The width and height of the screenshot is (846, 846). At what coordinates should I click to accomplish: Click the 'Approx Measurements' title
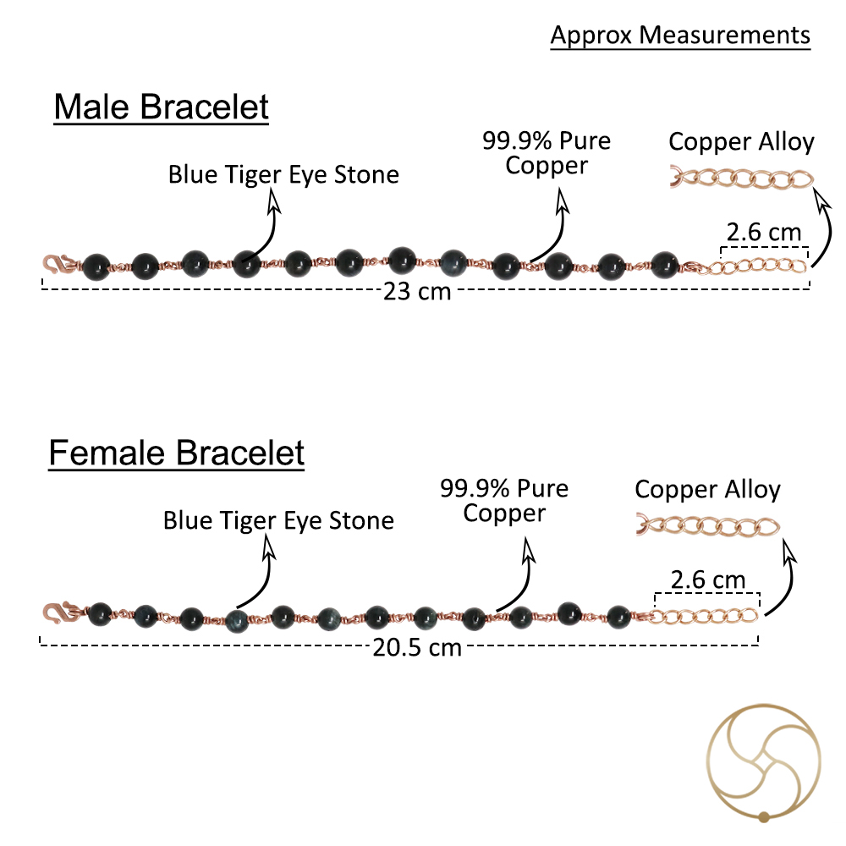coord(680,36)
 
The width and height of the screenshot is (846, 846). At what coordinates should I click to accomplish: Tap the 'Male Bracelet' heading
coord(161,107)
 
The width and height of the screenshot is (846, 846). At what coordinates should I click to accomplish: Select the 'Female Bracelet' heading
coord(177,453)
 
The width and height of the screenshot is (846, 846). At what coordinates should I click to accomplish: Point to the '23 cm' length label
coord(416,291)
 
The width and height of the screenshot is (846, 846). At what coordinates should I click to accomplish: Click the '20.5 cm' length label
coord(416,647)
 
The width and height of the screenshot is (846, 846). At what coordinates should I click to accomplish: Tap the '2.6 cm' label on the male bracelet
coord(763,232)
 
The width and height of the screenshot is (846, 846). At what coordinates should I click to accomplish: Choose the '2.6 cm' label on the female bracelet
coord(708,580)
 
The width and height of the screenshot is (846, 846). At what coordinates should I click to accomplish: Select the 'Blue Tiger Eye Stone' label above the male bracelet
coord(283,175)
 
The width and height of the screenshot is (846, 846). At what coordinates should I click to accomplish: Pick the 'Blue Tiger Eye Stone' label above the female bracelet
coord(278,520)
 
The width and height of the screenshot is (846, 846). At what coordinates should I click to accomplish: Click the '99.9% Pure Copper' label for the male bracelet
coord(547,153)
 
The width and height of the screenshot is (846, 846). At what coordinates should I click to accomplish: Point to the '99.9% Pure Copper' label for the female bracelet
coord(504,501)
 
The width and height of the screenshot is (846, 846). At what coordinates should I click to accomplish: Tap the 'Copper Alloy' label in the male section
coord(741,142)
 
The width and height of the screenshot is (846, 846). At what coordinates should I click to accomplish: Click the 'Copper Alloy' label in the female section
coord(707,490)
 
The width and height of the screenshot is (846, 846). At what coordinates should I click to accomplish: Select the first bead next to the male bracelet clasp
coord(96,267)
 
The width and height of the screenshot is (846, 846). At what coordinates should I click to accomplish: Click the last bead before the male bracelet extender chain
coord(664,265)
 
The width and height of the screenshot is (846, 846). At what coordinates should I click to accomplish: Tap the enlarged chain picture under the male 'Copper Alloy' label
coord(741,178)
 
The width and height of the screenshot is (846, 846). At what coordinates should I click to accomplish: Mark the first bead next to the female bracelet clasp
coord(100,614)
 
